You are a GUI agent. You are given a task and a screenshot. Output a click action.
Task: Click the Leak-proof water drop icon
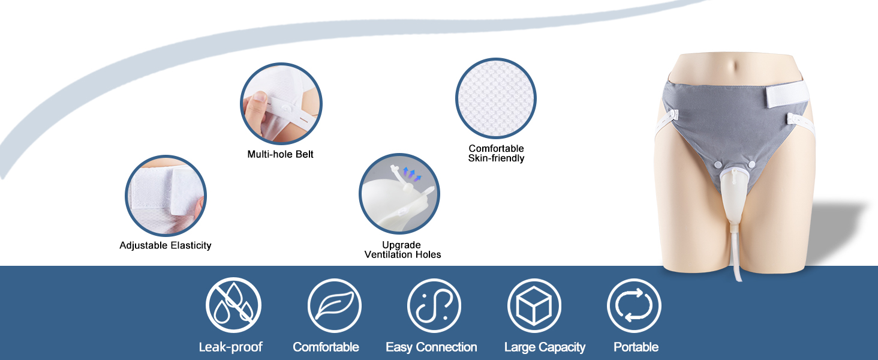234,305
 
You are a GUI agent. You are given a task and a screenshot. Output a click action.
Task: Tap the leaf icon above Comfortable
334,305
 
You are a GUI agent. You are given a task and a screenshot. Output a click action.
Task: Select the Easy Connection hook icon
434,305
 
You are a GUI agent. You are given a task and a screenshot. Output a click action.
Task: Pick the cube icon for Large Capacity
534,305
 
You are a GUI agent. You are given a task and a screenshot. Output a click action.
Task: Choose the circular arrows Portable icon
634,305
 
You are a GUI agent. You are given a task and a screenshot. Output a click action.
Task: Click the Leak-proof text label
230,347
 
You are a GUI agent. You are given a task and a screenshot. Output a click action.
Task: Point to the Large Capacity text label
545,347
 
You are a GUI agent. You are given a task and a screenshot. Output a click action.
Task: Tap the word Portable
636,347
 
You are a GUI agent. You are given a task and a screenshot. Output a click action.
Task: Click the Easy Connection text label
431,347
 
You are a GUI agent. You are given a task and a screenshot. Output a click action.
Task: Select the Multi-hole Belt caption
280,154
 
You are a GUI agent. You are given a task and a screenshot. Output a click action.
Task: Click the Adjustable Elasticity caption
166,245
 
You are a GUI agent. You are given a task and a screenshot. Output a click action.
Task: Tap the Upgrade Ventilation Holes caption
402,250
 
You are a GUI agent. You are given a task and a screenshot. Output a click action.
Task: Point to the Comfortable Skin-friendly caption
496,154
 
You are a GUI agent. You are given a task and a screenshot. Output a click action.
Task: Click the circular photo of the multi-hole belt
281,104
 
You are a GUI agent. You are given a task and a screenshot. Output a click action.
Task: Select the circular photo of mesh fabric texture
496,98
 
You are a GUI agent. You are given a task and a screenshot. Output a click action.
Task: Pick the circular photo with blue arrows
399,194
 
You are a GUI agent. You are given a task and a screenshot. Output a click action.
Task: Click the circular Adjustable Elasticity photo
166,196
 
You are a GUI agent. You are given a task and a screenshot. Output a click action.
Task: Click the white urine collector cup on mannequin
734,198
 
